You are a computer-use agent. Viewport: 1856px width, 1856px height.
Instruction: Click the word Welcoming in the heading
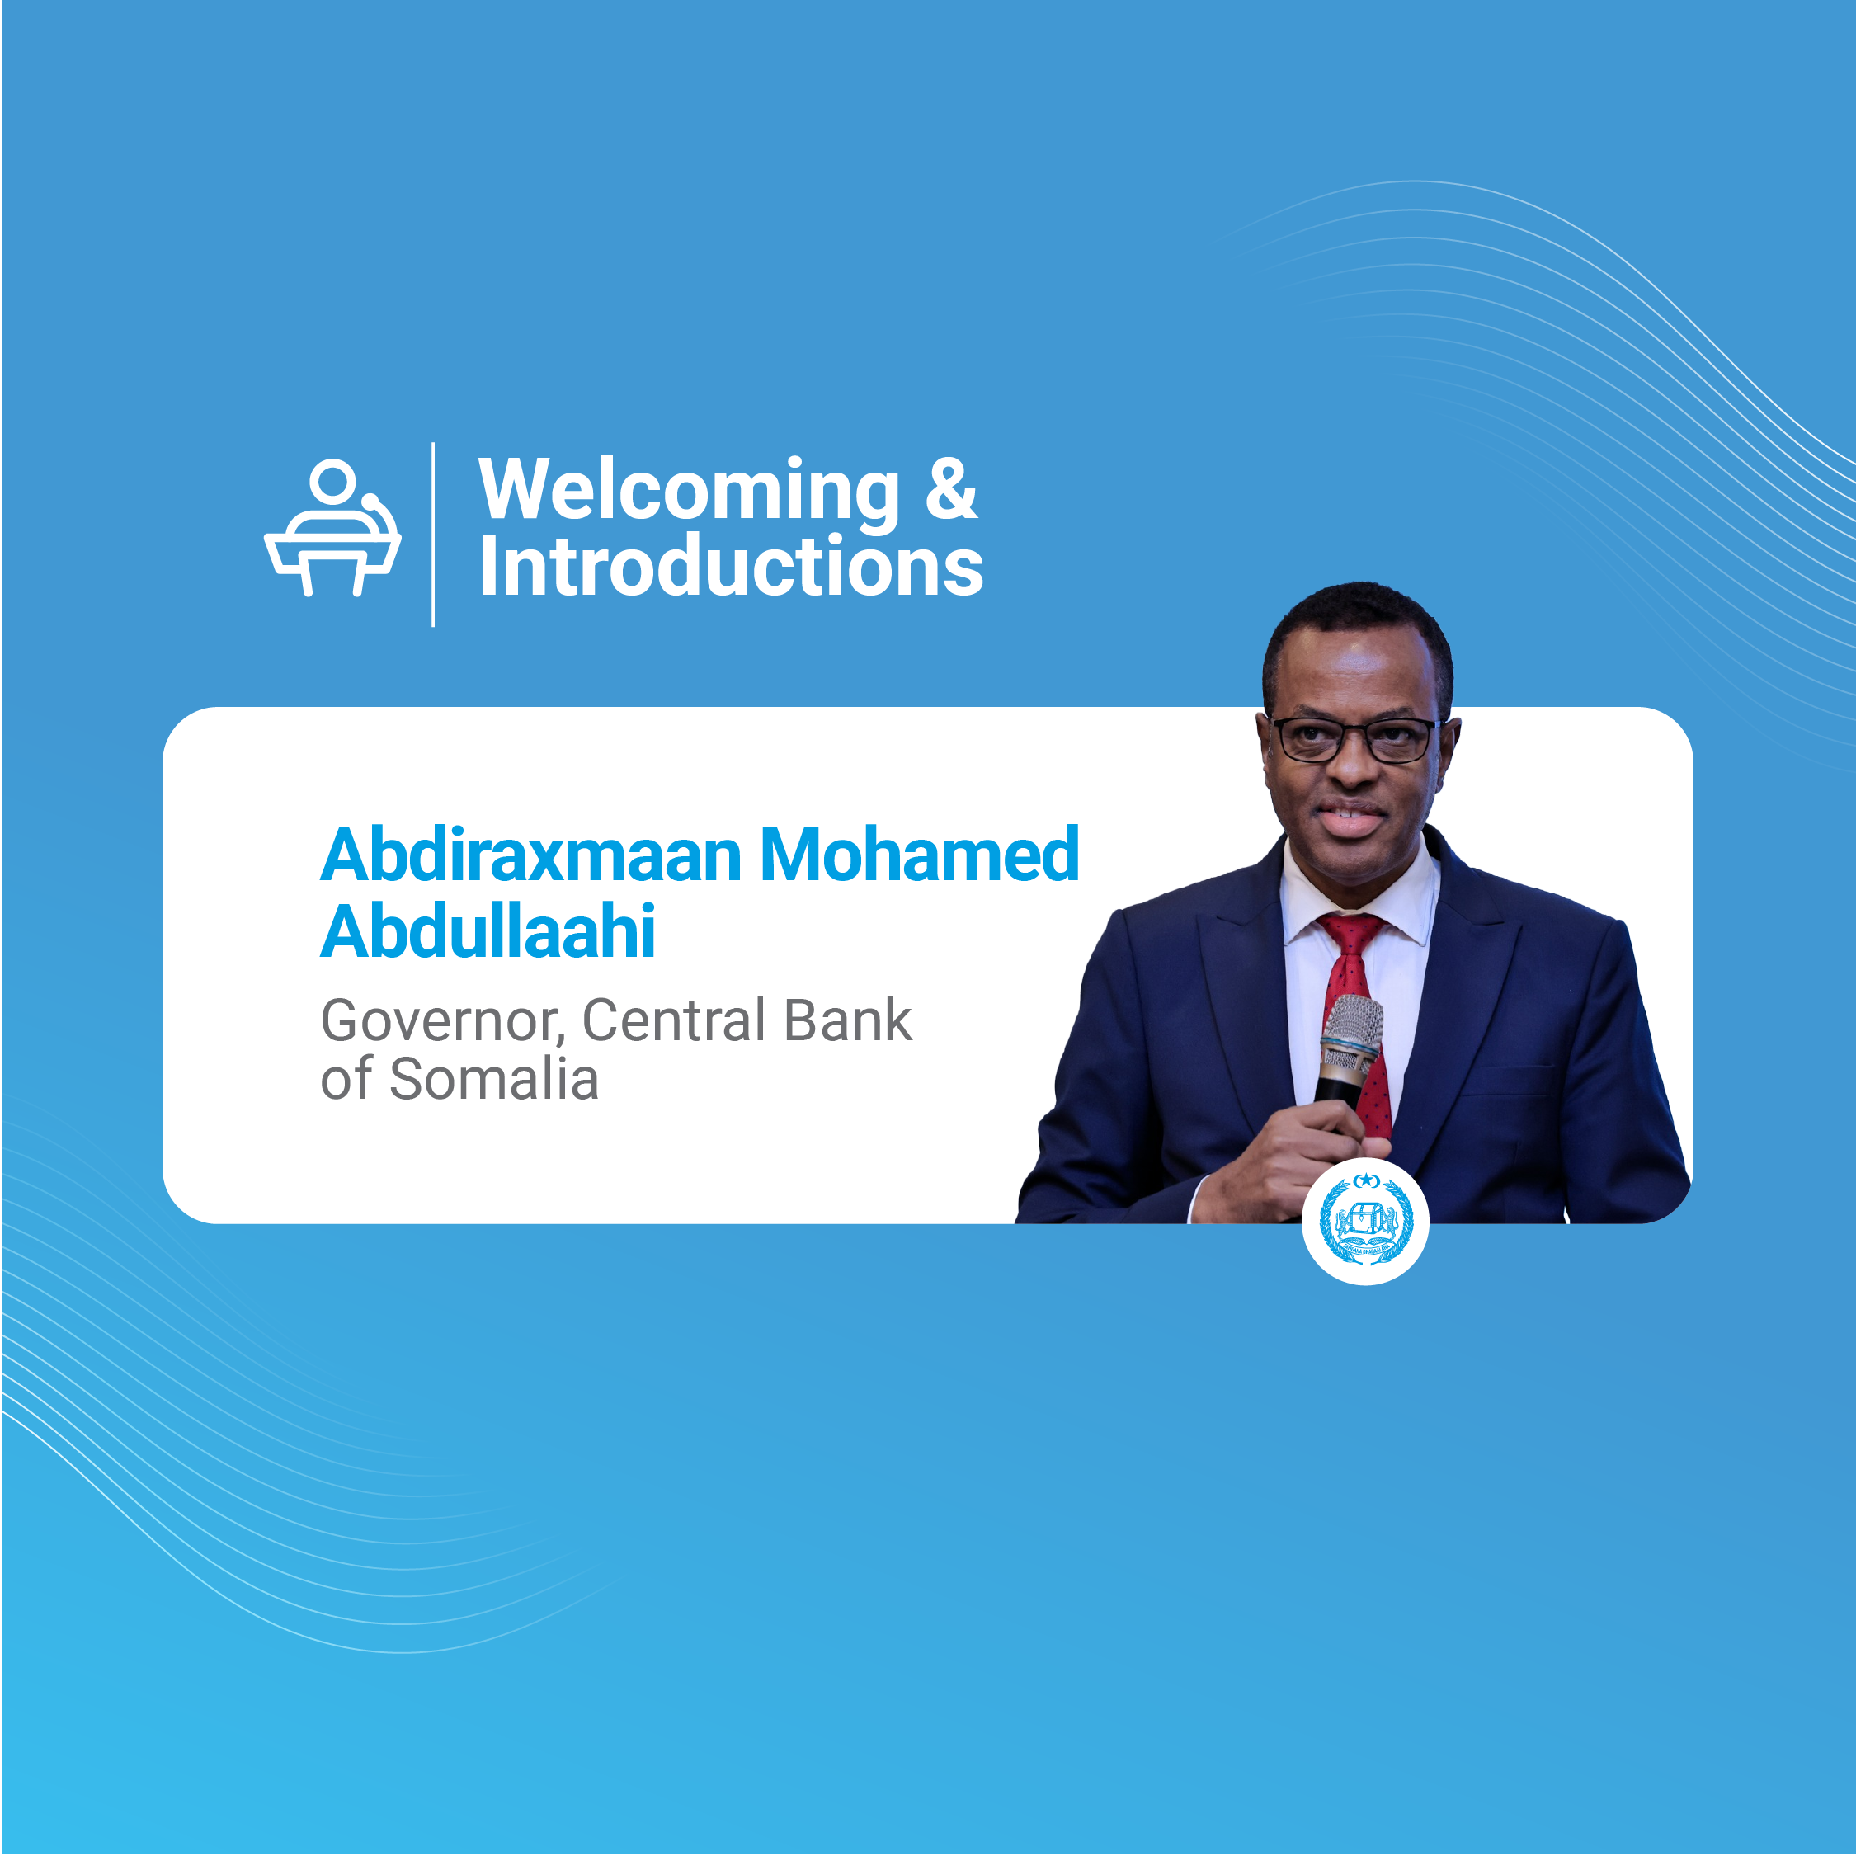pyautogui.click(x=689, y=492)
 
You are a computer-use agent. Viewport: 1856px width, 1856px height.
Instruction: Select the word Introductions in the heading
pyautogui.click(x=731, y=566)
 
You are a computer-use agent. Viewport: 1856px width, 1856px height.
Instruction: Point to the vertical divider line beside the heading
pyautogui.click(x=433, y=535)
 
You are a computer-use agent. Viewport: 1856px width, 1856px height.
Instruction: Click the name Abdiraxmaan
pyautogui.click(x=531, y=854)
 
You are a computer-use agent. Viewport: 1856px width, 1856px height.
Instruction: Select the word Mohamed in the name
pyautogui.click(x=920, y=854)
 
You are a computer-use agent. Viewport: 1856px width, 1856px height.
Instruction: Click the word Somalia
pyautogui.click(x=494, y=1079)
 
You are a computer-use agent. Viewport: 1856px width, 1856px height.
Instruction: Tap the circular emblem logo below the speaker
pyautogui.click(x=1365, y=1221)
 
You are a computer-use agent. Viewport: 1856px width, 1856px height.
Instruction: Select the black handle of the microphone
pyautogui.click(x=1336, y=1091)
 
